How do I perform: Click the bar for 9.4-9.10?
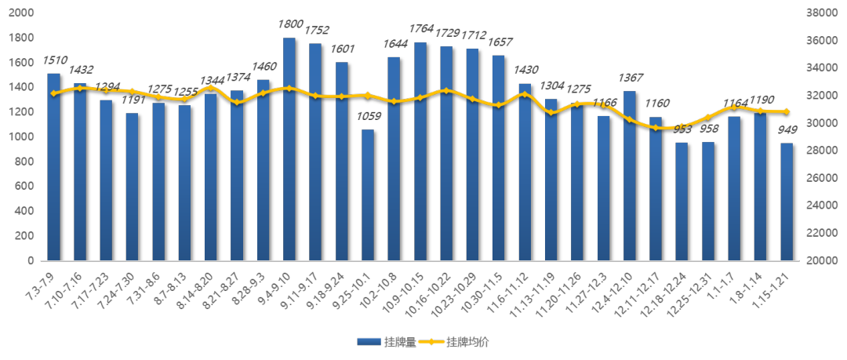coord(289,149)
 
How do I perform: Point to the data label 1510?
coord(54,60)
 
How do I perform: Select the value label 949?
coord(787,130)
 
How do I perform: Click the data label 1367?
coord(630,78)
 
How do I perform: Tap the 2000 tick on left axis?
coord(21,13)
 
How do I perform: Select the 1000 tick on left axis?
coord(21,136)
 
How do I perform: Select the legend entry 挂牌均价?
coord(456,342)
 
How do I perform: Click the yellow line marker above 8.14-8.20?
coord(210,88)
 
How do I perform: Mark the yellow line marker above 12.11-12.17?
coord(656,127)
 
